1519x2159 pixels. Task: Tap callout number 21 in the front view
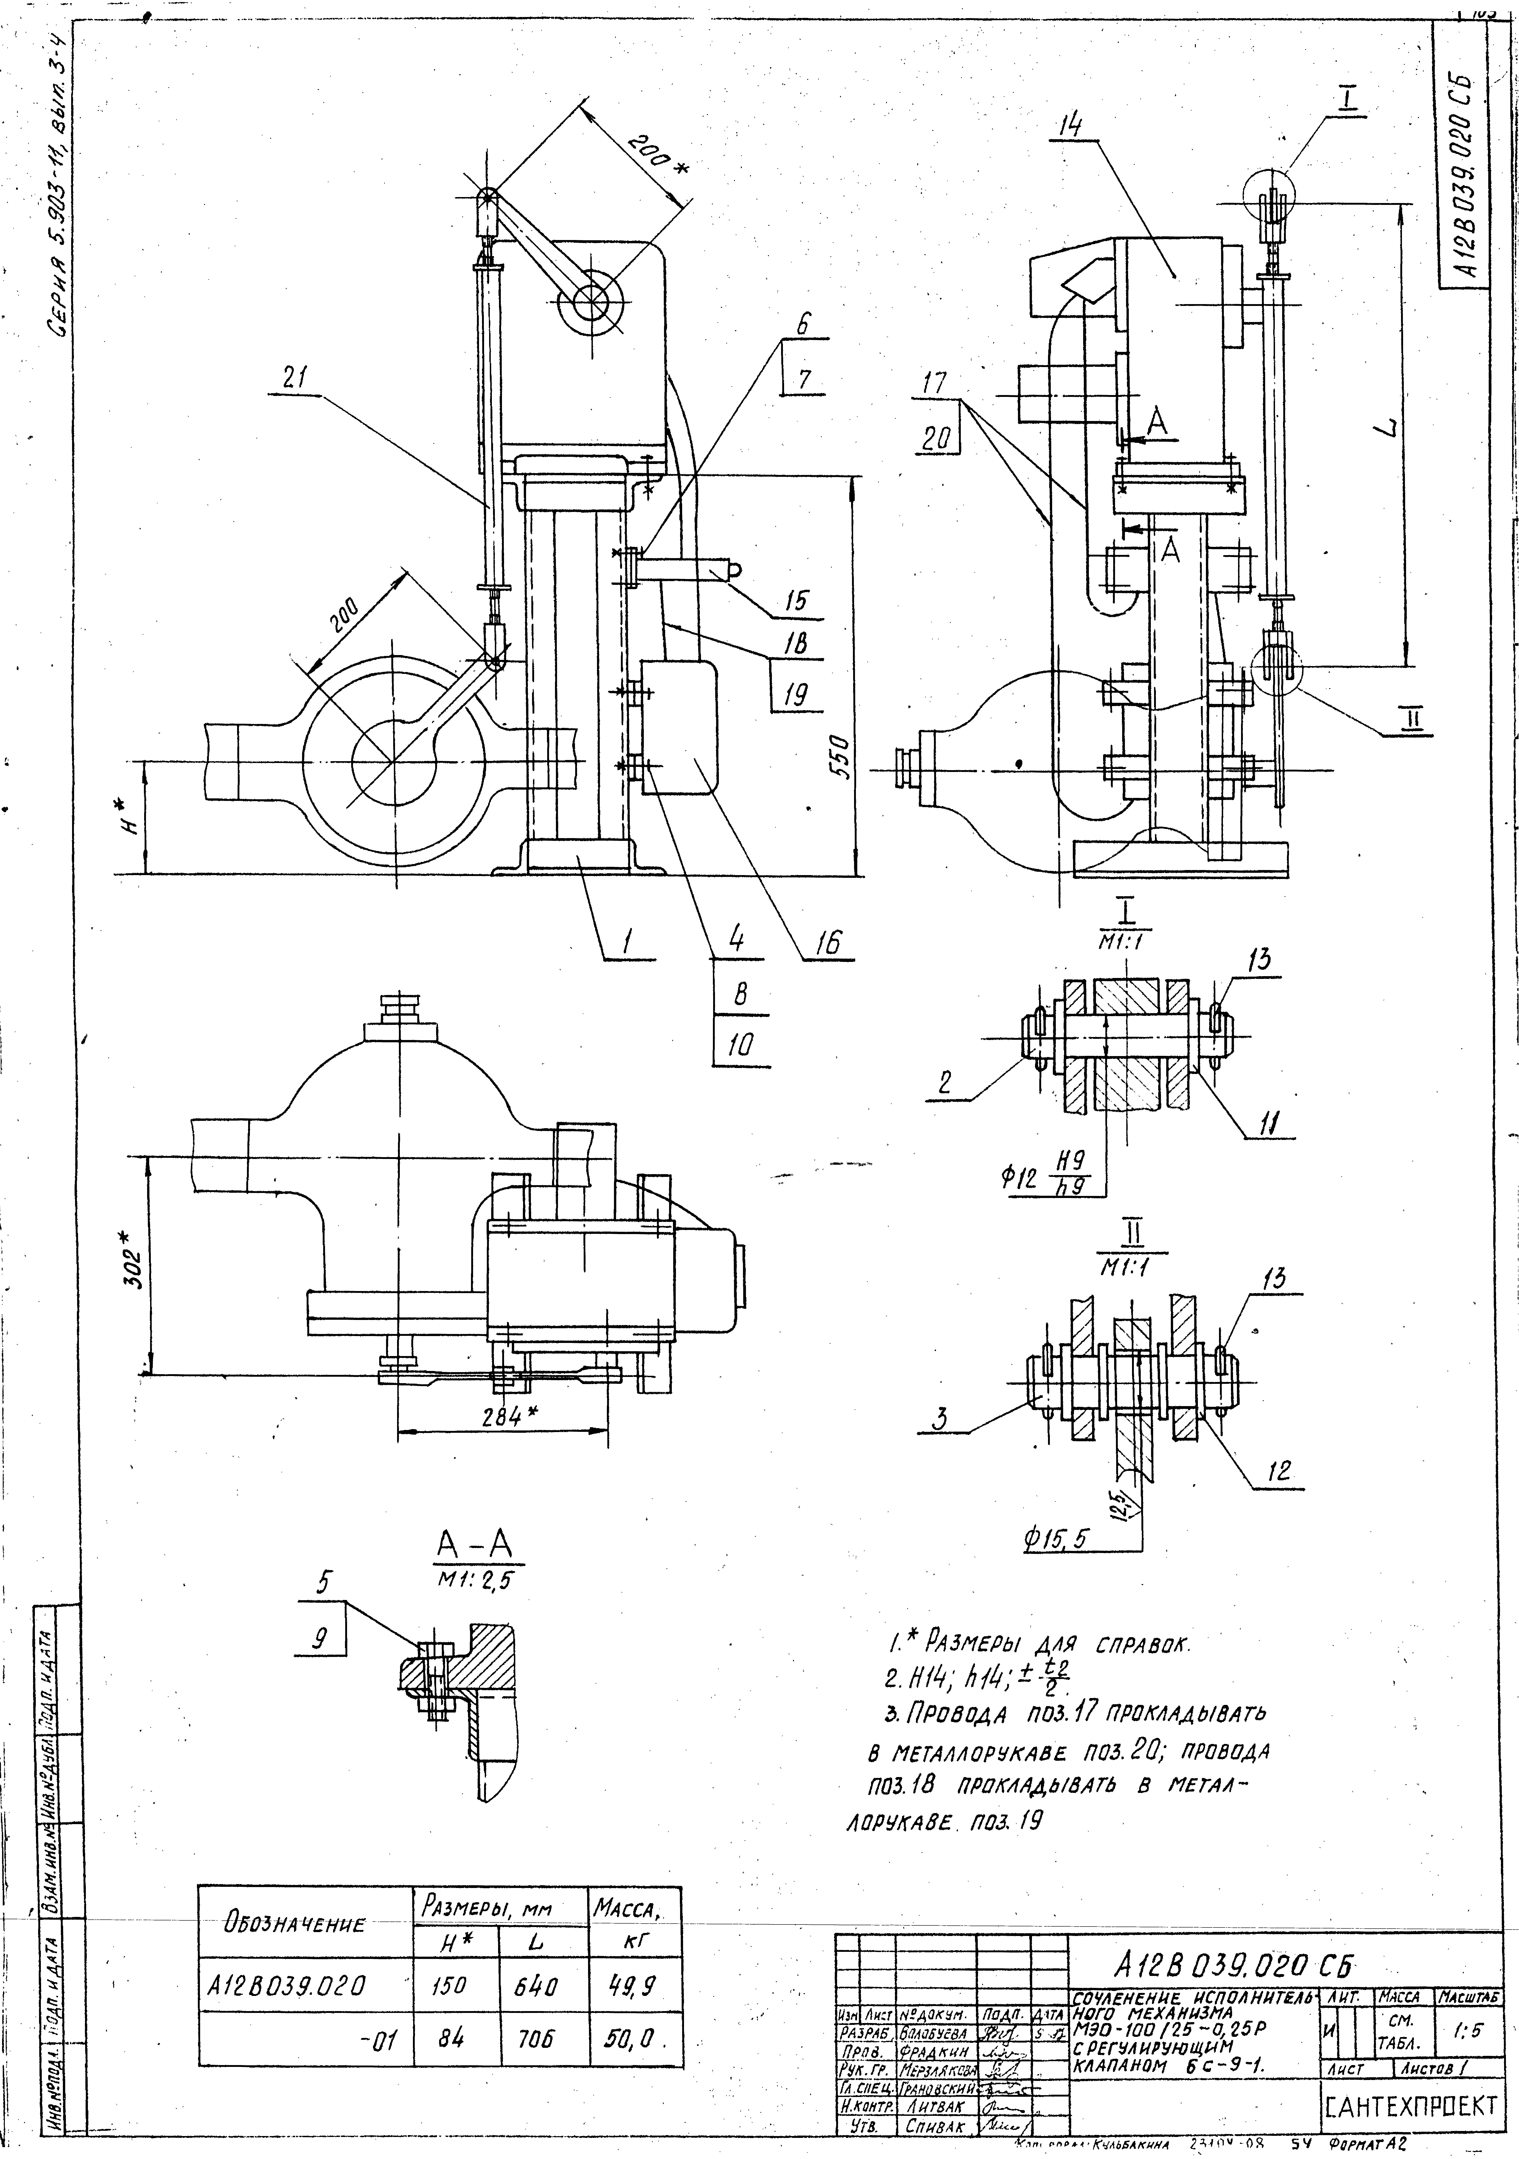[301, 377]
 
